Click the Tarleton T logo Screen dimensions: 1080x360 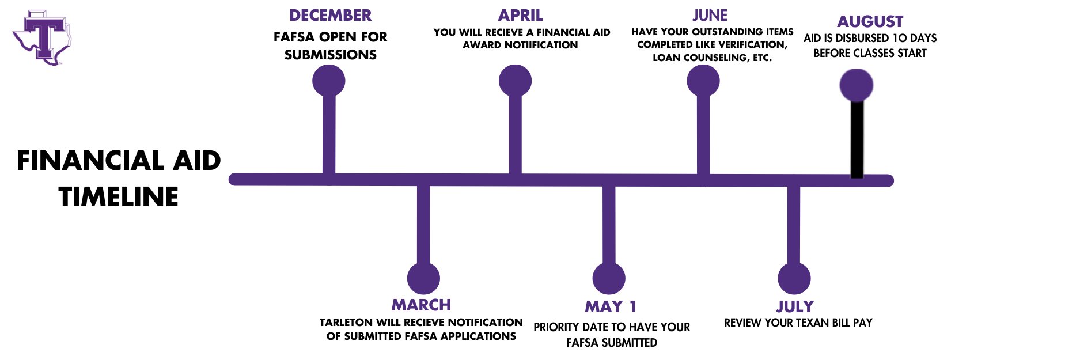click(42, 37)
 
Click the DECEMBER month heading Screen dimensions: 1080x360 click(331, 16)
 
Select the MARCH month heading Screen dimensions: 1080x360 click(421, 305)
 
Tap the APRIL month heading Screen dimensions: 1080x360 click(521, 16)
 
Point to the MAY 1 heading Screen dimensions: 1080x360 click(611, 306)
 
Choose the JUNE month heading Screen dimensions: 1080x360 click(710, 16)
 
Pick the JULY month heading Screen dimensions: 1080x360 click(795, 306)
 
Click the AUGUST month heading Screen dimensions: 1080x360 click(870, 22)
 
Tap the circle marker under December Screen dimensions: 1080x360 click(329, 81)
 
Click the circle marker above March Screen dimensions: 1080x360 click(423, 279)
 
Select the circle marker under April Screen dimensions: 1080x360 click(515, 81)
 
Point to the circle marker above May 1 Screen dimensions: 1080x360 click(609, 279)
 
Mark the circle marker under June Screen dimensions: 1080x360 click(703, 81)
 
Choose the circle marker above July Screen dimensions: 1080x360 click(794, 279)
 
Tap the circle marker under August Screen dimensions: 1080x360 click(857, 85)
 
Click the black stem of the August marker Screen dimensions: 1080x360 click(857, 139)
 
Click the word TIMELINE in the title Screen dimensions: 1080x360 click(119, 197)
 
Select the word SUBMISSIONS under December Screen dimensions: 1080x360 click(331, 55)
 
